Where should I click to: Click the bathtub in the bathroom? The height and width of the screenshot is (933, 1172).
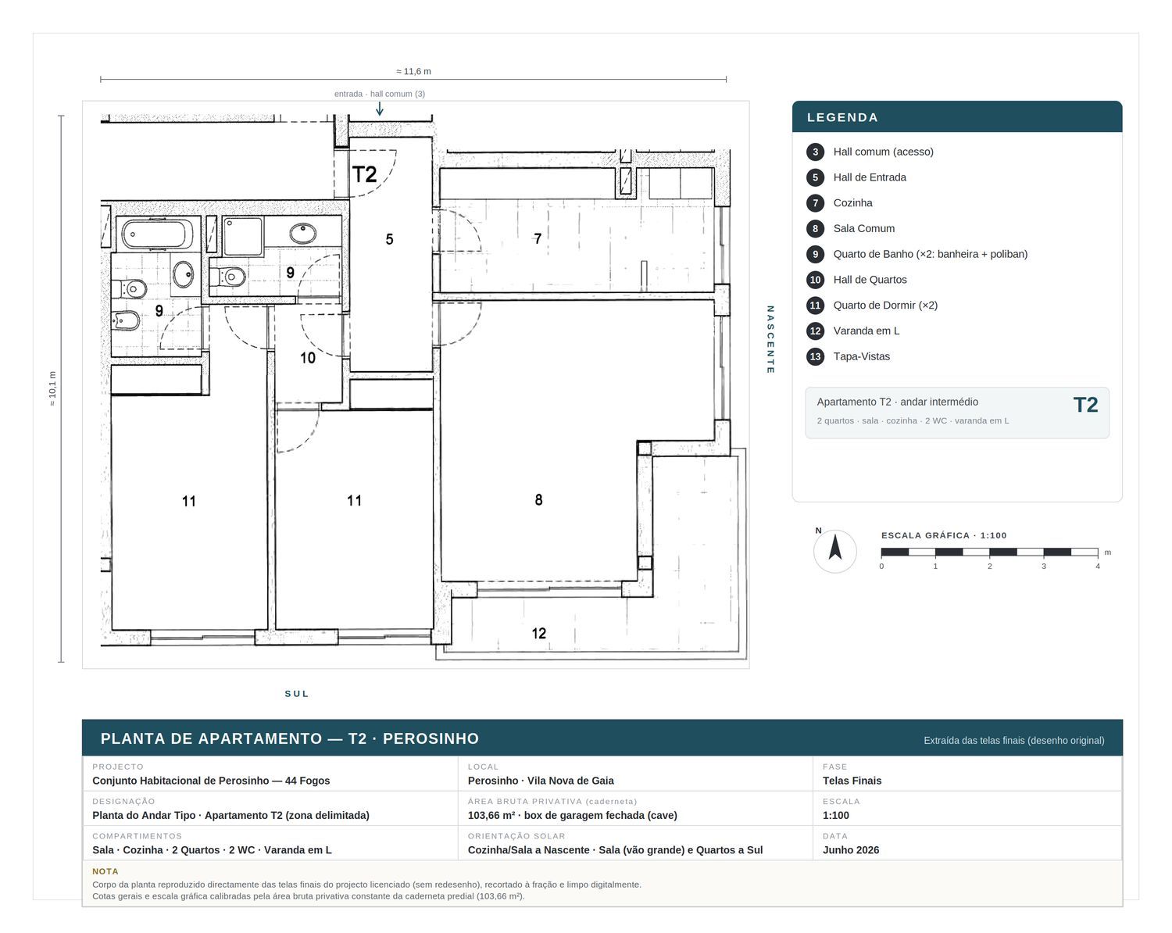[156, 234]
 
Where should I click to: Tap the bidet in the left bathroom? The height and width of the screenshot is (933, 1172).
[127, 321]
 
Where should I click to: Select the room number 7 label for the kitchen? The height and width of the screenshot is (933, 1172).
[538, 238]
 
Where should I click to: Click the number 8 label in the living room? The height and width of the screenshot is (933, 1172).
[538, 499]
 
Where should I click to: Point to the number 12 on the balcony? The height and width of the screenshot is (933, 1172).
[538, 633]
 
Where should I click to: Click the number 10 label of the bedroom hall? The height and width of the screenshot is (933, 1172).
[308, 358]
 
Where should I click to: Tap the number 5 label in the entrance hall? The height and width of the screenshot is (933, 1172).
[389, 239]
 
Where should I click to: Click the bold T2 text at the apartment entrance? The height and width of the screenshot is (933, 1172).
[364, 174]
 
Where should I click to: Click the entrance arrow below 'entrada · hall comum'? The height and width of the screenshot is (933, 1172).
[380, 108]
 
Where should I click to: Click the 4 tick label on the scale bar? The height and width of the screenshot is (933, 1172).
[1098, 567]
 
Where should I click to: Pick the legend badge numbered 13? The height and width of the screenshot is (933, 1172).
[815, 357]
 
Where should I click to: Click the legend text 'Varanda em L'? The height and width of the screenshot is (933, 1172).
[866, 331]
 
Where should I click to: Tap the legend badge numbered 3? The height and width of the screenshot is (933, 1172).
[815, 152]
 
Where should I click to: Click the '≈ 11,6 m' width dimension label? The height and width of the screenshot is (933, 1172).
[413, 71]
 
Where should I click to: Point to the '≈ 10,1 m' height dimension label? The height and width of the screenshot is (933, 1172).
[52, 389]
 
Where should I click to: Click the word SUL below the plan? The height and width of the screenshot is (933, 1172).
[297, 694]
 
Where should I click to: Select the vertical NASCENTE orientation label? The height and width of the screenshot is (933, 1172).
[770, 339]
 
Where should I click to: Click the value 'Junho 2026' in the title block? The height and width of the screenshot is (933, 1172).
[851, 850]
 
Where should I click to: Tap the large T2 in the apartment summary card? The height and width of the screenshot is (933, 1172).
[1085, 406]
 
